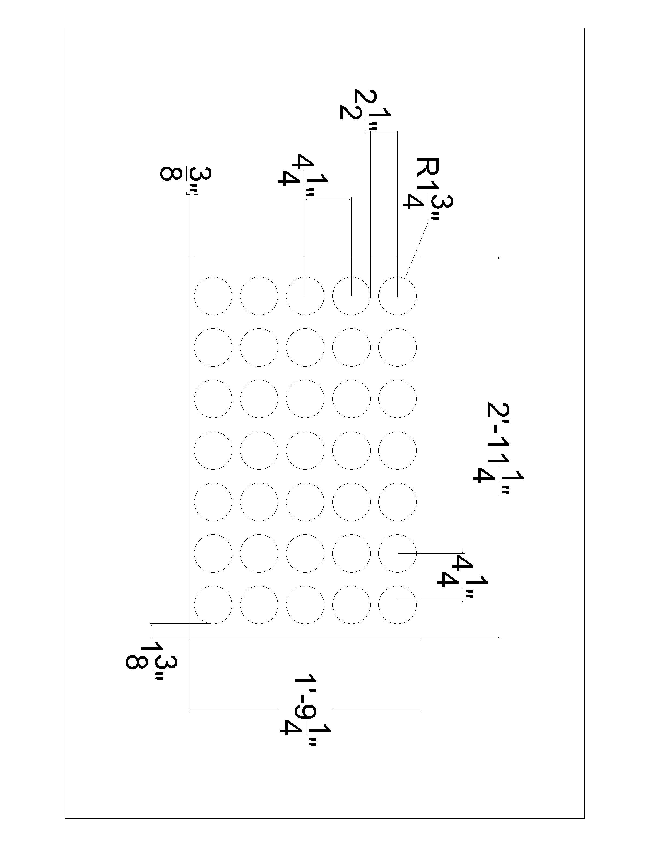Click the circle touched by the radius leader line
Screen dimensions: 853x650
click(397, 296)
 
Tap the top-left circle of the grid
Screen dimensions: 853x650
click(213, 296)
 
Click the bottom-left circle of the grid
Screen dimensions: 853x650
click(213, 605)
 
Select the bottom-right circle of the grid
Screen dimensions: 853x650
click(397, 605)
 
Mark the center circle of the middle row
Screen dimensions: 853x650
click(305, 450)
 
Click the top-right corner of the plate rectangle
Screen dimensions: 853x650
click(421, 256)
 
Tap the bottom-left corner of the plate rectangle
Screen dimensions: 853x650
click(190, 638)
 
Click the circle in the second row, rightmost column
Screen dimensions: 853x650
click(397, 347)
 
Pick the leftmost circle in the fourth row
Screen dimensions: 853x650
click(213, 450)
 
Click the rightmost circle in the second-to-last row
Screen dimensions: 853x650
click(397, 553)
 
